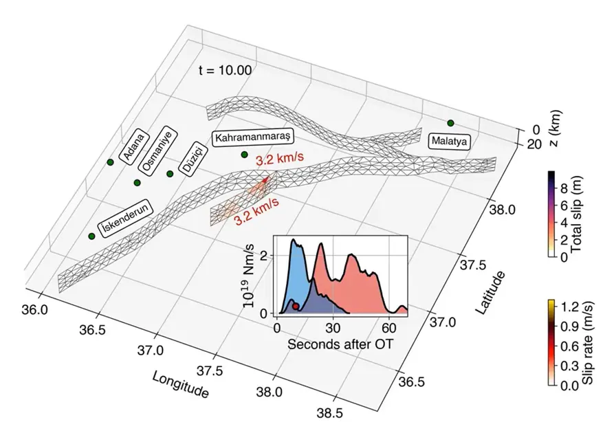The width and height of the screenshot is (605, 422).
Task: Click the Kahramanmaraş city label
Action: (x=254, y=137)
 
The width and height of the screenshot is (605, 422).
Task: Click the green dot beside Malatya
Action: (x=450, y=123)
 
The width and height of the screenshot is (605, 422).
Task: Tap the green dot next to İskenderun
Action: (x=91, y=236)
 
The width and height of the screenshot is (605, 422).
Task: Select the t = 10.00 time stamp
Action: (x=225, y=69)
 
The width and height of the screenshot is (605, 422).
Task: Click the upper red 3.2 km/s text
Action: (x=280, y=159)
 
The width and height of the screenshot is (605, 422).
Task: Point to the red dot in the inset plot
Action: (x=295, y=307)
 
